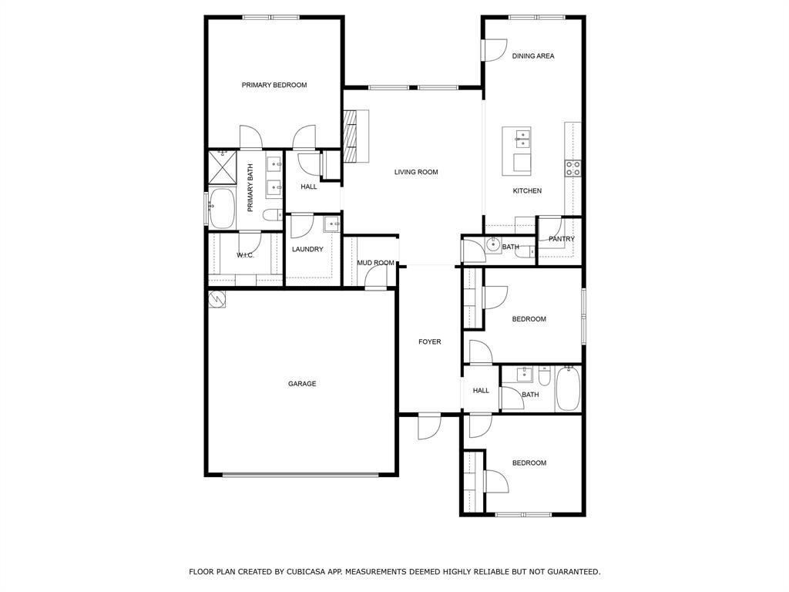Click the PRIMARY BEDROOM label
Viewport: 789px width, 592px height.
[274, 85]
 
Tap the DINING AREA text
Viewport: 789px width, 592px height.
[533, 56]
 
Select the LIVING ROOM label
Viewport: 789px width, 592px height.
[416, 172]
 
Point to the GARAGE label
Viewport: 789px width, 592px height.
[302, 384]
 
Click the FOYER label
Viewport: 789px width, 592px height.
[429, 341]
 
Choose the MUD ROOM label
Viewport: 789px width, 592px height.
[375, 263]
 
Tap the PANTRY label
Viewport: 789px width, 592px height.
[562, 239]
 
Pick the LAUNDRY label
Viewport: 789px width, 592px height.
[307, 249]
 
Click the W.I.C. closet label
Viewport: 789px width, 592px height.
[245, 255]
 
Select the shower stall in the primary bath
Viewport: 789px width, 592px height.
[223, 166]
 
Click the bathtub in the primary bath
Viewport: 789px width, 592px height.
[223, 208]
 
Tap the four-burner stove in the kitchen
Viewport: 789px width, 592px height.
[573, 168]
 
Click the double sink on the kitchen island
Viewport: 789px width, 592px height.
[522, 139]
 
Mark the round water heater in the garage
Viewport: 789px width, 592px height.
[217, 299]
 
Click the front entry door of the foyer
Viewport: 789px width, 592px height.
[428, 425]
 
